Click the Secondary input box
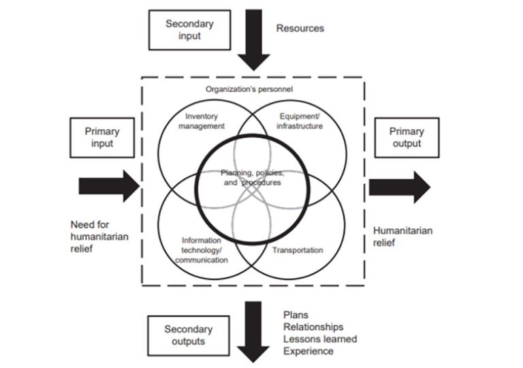tap(189, 29)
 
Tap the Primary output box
tap(407, 138)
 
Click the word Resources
tap(300, 29)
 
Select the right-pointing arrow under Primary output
tap(399, 187)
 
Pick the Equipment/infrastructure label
tap(300, 121)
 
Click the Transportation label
tap(298, 250)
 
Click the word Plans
tap(295, 315)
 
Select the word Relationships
tap(313, 327)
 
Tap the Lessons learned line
tap(319, 339)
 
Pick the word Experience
tap(308, 351)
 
